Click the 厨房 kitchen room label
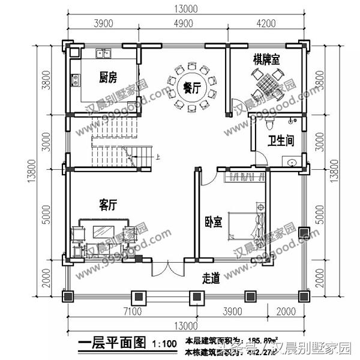click(107, 77)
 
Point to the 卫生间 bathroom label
click(280, 141)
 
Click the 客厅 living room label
click(107, 206)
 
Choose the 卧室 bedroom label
click(213, 223)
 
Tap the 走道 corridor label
click(211, 278)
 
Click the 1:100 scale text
click(164, 344)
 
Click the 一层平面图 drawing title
click(112, 343)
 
